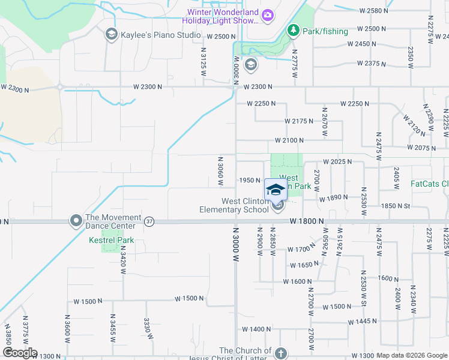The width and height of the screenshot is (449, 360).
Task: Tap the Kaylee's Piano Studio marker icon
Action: coord(110,35)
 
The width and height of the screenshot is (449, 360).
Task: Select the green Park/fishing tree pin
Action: coord(293,29)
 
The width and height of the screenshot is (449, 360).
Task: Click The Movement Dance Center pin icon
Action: coord(76,221)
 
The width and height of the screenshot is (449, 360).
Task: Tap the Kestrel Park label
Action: coord(111,241)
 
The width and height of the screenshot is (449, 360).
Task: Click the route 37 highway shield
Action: coord(149,221)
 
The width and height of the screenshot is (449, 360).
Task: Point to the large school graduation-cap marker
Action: coord(276,190)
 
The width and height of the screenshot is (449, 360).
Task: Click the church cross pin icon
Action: coord(281,352)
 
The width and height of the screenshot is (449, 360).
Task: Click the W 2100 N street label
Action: coord(289,140)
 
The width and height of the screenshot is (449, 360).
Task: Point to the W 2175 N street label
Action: coord(299,121)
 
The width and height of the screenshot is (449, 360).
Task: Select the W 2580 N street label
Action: coord(379,11)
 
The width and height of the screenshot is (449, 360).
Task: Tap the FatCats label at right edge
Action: coord(429,184)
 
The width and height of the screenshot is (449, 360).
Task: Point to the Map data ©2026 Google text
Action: coord(412,355)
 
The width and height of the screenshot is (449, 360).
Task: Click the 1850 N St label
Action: coord(395,206)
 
